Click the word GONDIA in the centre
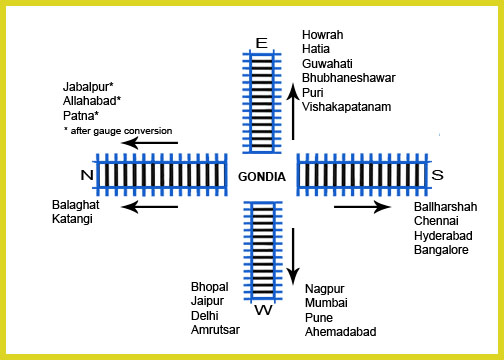[262, 177]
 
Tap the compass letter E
[262, 43]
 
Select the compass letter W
[263, 310]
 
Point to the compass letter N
[87, 175]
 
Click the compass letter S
[437, 175]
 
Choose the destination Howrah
[323, 35]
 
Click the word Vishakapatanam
[347, 107]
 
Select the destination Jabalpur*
[88, 87]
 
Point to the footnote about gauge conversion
[118, 131]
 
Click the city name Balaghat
[76, 205]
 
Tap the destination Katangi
[72, 219]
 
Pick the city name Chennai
[436, 221]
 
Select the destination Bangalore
[441, 250]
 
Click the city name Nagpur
[325, 289]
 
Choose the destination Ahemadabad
[341, 332]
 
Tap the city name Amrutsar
[215, 330]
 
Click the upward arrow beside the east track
[293, 112]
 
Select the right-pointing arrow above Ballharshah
[362, 207]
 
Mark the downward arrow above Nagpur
[293, 256]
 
